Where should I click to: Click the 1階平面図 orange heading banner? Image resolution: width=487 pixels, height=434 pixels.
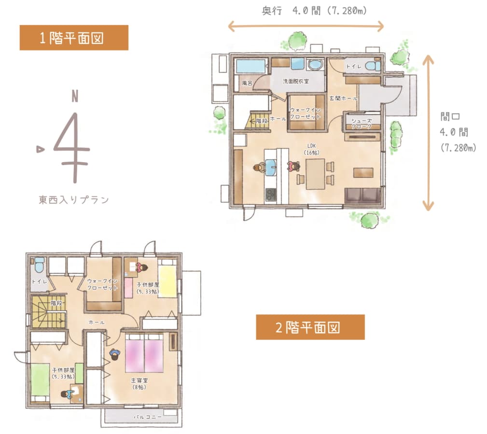[74, 38]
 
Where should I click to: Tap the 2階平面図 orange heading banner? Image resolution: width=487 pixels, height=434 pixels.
[310, 327]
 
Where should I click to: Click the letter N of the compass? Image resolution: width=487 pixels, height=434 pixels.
[75, 96]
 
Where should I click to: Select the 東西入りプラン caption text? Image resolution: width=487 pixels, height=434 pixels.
[74, 199]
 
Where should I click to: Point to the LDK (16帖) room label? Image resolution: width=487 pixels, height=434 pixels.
[311, 149]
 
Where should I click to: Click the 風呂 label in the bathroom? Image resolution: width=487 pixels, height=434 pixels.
[247, 83]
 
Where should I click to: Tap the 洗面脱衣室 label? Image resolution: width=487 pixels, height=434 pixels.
[296, 81]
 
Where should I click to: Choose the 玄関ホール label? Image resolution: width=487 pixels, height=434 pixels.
[343, 98]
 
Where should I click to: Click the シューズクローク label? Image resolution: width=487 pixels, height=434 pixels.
[362, 124]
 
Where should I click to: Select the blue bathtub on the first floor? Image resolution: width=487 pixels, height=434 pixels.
[250, 66]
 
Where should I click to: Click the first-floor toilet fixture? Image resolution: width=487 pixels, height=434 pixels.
[373, 66]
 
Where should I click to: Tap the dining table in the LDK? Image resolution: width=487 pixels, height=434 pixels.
[315, 174]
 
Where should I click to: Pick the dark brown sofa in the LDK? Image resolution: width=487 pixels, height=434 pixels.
[363, 196]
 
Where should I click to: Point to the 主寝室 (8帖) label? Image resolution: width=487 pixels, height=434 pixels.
[139, 384]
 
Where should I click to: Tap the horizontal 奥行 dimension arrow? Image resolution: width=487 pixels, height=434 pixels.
[306, 26]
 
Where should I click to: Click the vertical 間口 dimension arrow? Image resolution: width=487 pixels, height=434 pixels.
[428, 133]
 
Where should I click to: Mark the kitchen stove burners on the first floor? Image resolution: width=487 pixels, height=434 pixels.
[271, 195]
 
